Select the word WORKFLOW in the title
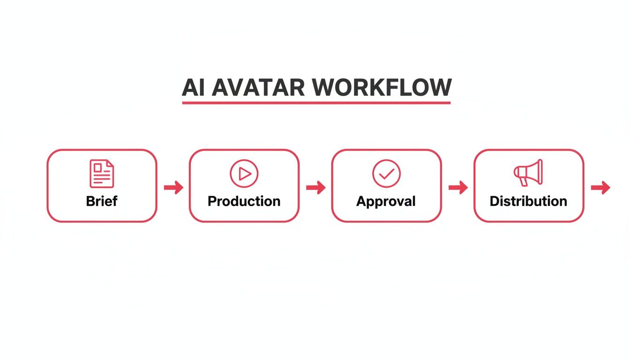pos(381,87)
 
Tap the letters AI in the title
pos(194,87)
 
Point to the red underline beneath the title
pos(316,102)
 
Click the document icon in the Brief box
pos(102,173)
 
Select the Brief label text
pos(102,201)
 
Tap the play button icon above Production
pos(244,173)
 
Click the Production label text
pos(244,202)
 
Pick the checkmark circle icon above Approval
pos(386,173)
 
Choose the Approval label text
pos(386,202)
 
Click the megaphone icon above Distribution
pos(528,172)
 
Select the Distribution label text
pos(528,202)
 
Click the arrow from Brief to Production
pos(173,187)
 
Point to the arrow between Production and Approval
pos(315,187)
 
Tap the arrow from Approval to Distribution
pos(458,187)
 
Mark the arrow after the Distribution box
pos(600,187)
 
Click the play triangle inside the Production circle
pos(245,173)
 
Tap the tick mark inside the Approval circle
pos(386,174)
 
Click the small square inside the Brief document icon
pos(98,167)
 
